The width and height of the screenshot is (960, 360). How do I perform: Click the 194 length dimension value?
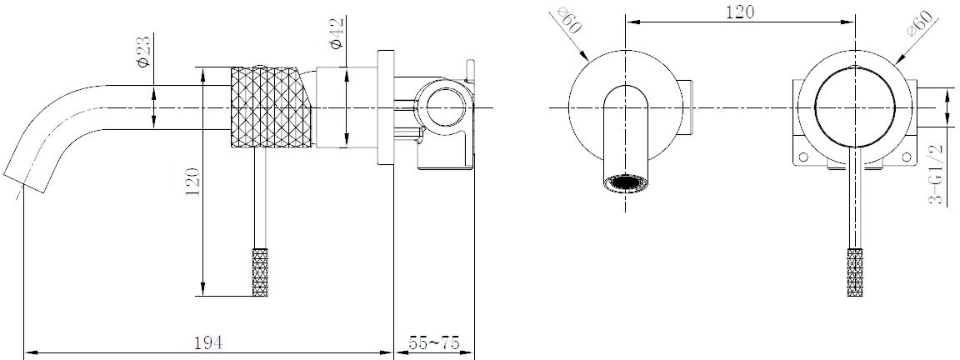[x=208, y=342]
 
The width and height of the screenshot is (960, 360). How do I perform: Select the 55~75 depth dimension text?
[x=434, y=342]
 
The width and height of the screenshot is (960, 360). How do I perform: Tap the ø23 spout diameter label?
[x=144, y=52]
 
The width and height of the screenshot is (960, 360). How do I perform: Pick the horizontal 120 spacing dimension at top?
[x=740, y=12]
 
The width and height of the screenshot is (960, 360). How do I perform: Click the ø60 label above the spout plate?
[x=570, y=21]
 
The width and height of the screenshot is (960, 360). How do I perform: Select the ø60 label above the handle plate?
[x=922, y=24]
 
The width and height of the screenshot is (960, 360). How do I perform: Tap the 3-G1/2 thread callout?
[x=936, y=173]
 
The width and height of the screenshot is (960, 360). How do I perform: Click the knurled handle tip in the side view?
[x=262, y=272]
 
